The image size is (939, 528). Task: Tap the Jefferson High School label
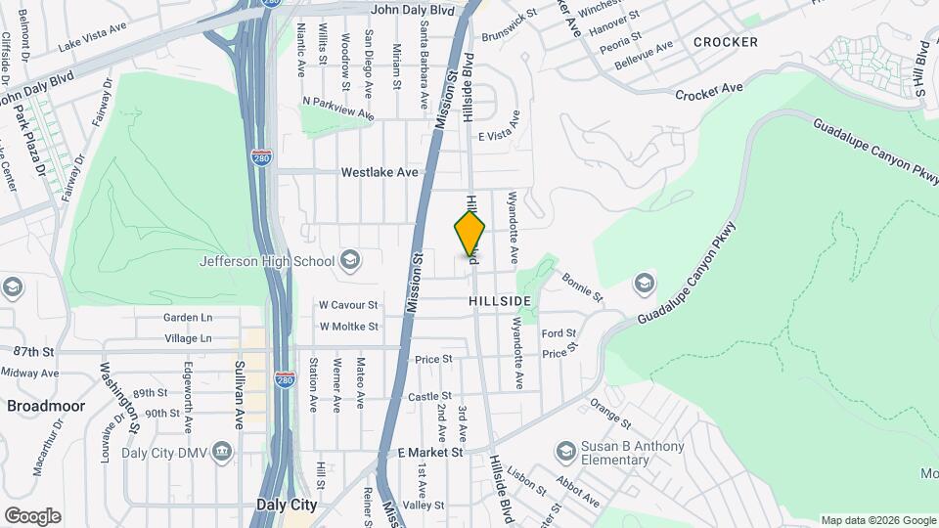coord(266,261)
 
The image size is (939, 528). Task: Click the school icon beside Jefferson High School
coord(350,260)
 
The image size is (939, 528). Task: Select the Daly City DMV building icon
coord(224,451)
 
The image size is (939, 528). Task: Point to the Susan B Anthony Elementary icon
coord(565,452)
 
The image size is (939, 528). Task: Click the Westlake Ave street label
coord(380,172)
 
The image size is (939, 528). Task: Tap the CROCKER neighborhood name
coord(725,42)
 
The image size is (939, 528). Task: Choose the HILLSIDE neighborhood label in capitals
coord(499,301)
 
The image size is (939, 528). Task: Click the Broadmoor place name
coord(46,405)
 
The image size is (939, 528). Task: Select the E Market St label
coord(430,453)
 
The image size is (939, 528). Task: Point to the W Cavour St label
coord(348,303)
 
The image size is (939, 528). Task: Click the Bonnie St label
coord(583,286)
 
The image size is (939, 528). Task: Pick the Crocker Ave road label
coord(709,91)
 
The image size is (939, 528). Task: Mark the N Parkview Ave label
coord(338,108)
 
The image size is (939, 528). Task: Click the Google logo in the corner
coord(32,515)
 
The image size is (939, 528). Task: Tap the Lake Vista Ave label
coord(93,36)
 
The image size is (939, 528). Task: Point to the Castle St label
coord(429,396)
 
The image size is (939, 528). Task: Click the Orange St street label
coord(610,414)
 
